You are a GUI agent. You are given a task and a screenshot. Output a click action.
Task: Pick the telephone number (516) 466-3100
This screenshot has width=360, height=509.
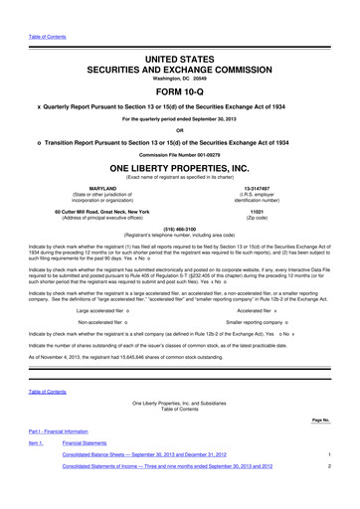(x=180, y=228)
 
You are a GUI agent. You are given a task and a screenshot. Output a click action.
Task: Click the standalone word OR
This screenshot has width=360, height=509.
(x=180, y=126)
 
